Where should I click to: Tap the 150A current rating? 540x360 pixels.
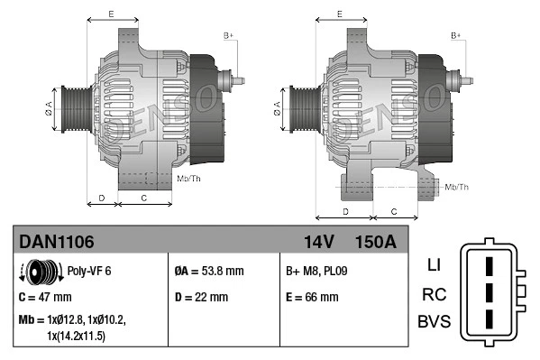[375, 242]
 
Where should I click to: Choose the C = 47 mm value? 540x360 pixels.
[45, 296]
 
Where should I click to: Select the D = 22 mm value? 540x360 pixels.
[201, 296]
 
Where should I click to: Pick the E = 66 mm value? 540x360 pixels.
[312, 296]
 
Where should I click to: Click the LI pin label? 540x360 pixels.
[433, 265]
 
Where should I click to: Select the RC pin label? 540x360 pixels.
[433, 293]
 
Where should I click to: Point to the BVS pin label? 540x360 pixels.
[433, 321]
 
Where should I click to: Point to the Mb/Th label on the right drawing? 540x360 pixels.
[456, 187]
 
